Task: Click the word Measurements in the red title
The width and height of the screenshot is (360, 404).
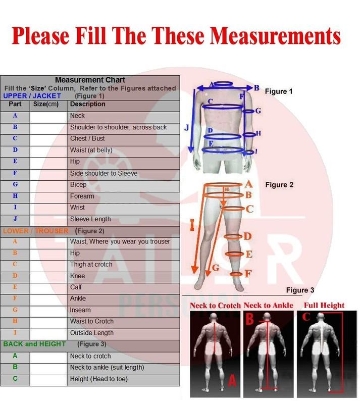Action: (x=276, y=35)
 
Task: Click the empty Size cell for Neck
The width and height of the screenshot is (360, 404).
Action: (x=48, y=117)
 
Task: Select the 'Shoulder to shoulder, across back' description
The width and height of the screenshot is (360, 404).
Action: (x=118, y=127)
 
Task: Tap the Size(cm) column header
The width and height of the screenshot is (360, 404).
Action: (x=46, y=104)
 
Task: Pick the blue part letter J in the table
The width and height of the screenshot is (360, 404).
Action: (x=15, y=219)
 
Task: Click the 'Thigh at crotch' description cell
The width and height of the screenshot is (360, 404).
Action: (x=123, y=264)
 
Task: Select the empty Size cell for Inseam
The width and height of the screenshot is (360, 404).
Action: (x=48, y=310)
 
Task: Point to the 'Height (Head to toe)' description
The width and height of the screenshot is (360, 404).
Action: (x=98, y=379)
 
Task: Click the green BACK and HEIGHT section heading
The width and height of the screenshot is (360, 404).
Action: (x=34, y=344)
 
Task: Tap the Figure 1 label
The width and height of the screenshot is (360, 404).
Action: (x=279, y=91)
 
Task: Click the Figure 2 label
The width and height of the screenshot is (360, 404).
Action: (x=279, y=185)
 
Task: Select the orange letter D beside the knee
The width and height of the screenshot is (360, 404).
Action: (x=247, y=236)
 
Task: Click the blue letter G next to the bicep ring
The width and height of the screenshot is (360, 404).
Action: (x=258, y=111)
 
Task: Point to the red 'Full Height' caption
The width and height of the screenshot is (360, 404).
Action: (x=324, y=306)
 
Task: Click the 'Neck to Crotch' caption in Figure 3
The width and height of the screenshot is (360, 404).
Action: (x=215, y=306)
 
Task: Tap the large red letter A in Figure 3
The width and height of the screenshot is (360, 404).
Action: (x=232, y=381)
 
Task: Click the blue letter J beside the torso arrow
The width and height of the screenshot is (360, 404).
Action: (x=187, y=128)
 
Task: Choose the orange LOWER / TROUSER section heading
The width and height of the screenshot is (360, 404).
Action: (x=36, y=231)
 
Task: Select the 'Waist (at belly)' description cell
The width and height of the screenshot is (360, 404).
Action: (x=123, y=150)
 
